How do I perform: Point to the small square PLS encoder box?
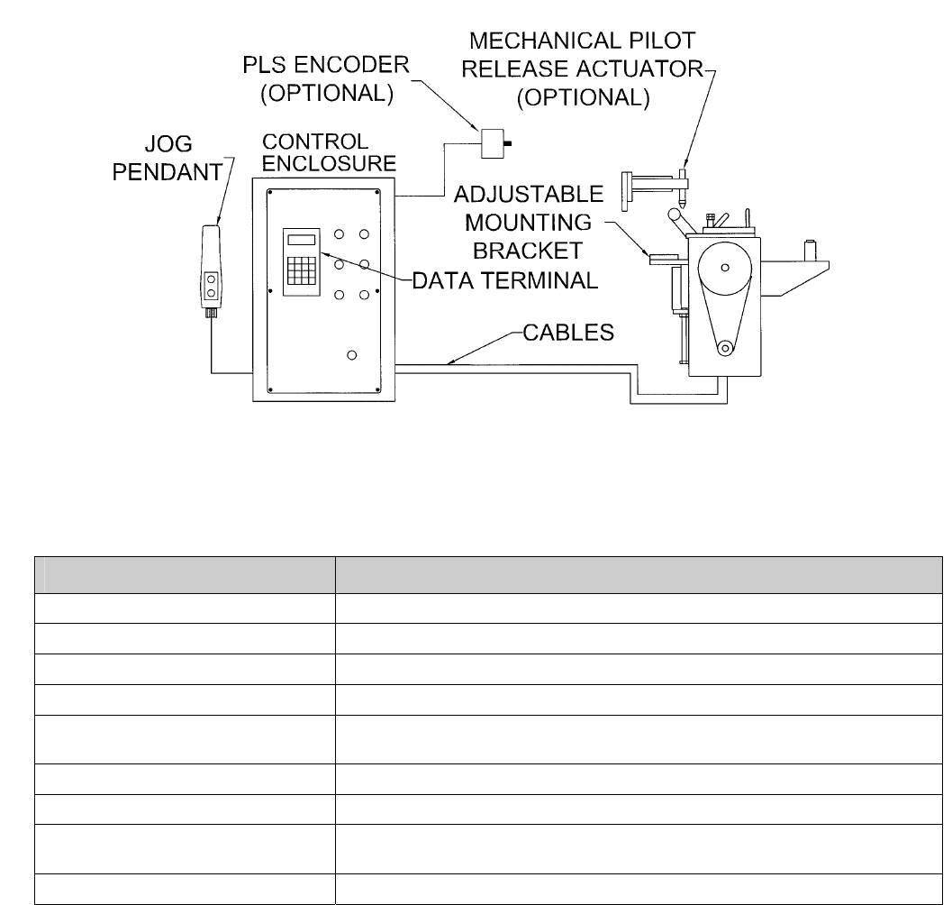(492, 142)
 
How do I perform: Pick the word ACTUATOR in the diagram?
(644, 70)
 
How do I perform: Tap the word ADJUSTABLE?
(530, 194)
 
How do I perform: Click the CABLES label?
(569, 333)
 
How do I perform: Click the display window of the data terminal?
(301, 239)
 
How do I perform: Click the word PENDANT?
(167, 172)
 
